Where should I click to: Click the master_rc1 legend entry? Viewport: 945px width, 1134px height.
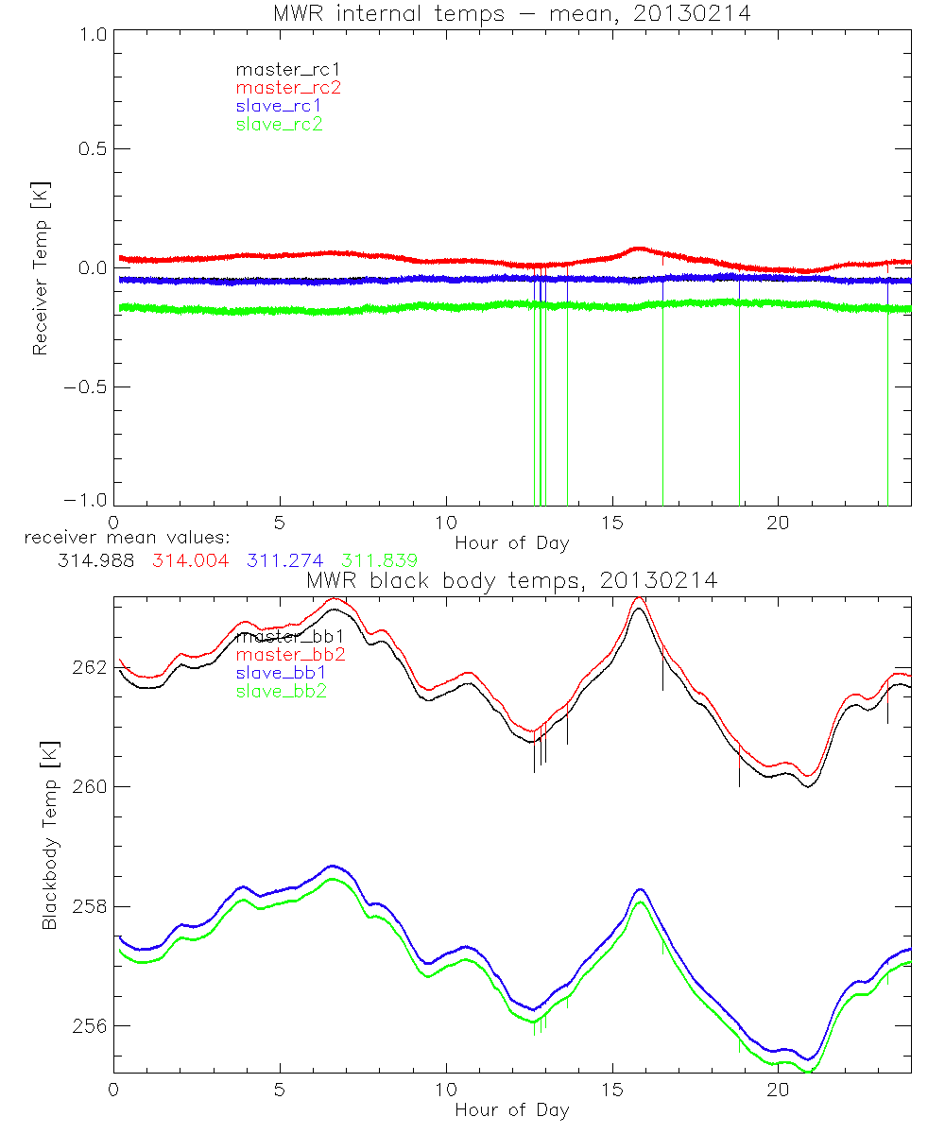[x=279, y=70]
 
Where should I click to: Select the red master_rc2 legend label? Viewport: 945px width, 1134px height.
[x=288, y=88]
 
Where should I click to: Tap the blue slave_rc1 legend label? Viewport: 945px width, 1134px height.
[x=279, y=106]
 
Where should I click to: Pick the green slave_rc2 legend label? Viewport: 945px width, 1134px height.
[x=279, y=124]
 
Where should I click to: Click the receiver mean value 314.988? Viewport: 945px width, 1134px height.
[x=90, y=560]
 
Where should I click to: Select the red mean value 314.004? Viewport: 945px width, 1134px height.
[x=190, y=560]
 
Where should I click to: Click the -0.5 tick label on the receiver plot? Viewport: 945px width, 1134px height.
[x=87, y=387]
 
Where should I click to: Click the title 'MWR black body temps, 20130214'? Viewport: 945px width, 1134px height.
[x=511, y=580]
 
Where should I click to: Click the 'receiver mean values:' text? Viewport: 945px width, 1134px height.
[x=120, y=538]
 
